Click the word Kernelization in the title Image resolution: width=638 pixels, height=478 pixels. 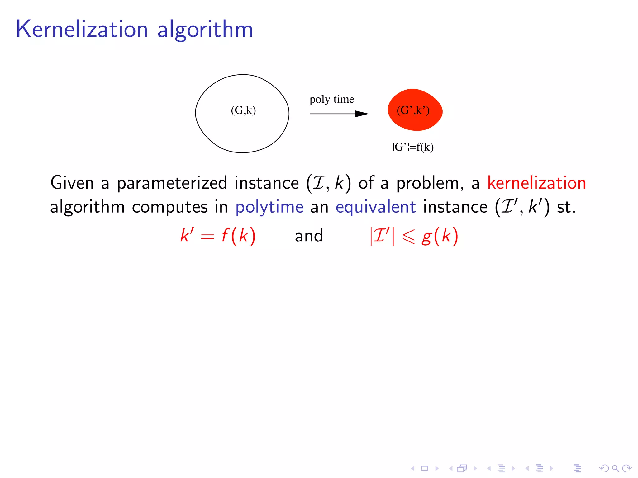[x=82, y=29]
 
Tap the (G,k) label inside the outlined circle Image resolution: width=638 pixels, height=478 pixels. [x=243, y=110]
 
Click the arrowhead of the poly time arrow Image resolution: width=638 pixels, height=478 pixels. [x=362, y=114]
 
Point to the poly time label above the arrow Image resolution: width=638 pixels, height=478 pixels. [x=332, y=99]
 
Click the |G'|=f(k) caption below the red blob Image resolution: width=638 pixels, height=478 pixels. [x=413, y=147]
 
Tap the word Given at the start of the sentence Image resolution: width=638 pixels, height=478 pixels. [x=72, y=183]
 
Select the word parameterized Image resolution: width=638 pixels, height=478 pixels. [x=172, y=183]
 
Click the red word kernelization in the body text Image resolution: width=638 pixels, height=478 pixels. [x=536, y=183]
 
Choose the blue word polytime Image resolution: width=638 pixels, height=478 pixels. [x=269, y=207]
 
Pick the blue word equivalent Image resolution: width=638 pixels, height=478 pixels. [x=375, y=207]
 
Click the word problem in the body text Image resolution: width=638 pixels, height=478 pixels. [x=427, y=183]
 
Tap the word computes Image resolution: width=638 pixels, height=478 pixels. [x=169, y=207]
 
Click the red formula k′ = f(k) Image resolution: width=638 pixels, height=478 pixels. [x=218, y=236]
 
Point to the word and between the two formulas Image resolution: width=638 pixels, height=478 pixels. [x=309, y=236]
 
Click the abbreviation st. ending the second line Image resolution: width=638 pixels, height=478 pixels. [x=566, y=207]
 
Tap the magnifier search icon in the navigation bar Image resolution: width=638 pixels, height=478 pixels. [x=615, y=468]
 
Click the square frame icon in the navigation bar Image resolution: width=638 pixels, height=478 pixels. [x=425, y=468]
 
